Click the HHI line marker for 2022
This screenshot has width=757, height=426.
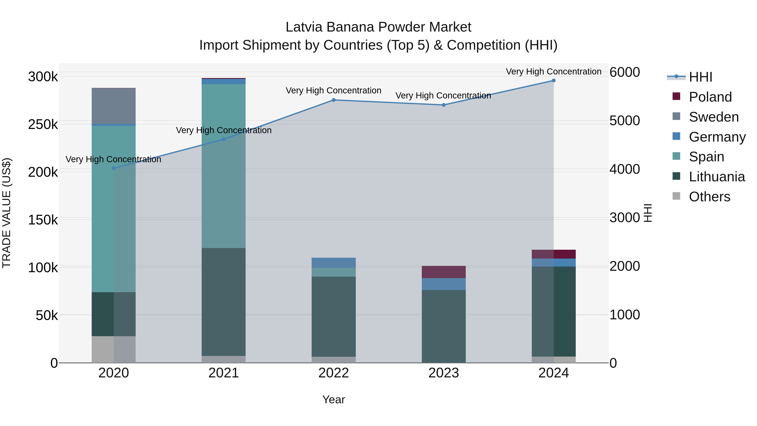pos(334,100)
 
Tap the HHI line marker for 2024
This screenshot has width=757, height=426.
pos(554,81)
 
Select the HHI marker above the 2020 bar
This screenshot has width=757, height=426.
pos(114,168)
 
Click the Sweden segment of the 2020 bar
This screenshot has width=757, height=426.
pos(114,106)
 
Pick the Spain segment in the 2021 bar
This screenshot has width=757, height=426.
pos(224,166)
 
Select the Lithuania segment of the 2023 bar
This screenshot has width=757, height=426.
pos(444,326)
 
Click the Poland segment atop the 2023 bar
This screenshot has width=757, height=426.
pos(444,272)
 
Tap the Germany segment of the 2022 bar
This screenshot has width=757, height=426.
pos(334,263)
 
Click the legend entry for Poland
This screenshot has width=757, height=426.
pos(710,97)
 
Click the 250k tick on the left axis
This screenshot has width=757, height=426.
pos(43,124)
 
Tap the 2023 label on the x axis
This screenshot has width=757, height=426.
pos(444,373)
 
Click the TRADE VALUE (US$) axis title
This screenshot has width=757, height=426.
pos(7,213)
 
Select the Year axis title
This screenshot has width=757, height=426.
pos(334,399)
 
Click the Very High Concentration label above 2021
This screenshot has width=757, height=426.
pos(224,130)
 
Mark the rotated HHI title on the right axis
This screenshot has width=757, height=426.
pos(648,213)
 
